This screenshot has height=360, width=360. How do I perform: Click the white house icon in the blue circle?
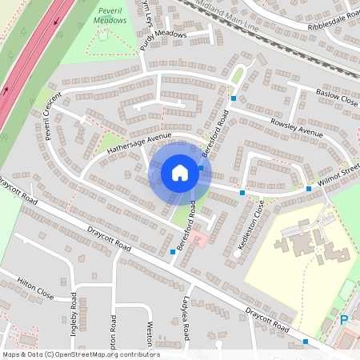[180, 173]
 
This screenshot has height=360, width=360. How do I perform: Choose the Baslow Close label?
[336, 95]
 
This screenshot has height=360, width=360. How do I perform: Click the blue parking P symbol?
[345, 320]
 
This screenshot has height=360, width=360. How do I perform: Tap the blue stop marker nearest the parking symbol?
[306, 342]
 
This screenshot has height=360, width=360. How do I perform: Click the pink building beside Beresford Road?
[197, 239]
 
